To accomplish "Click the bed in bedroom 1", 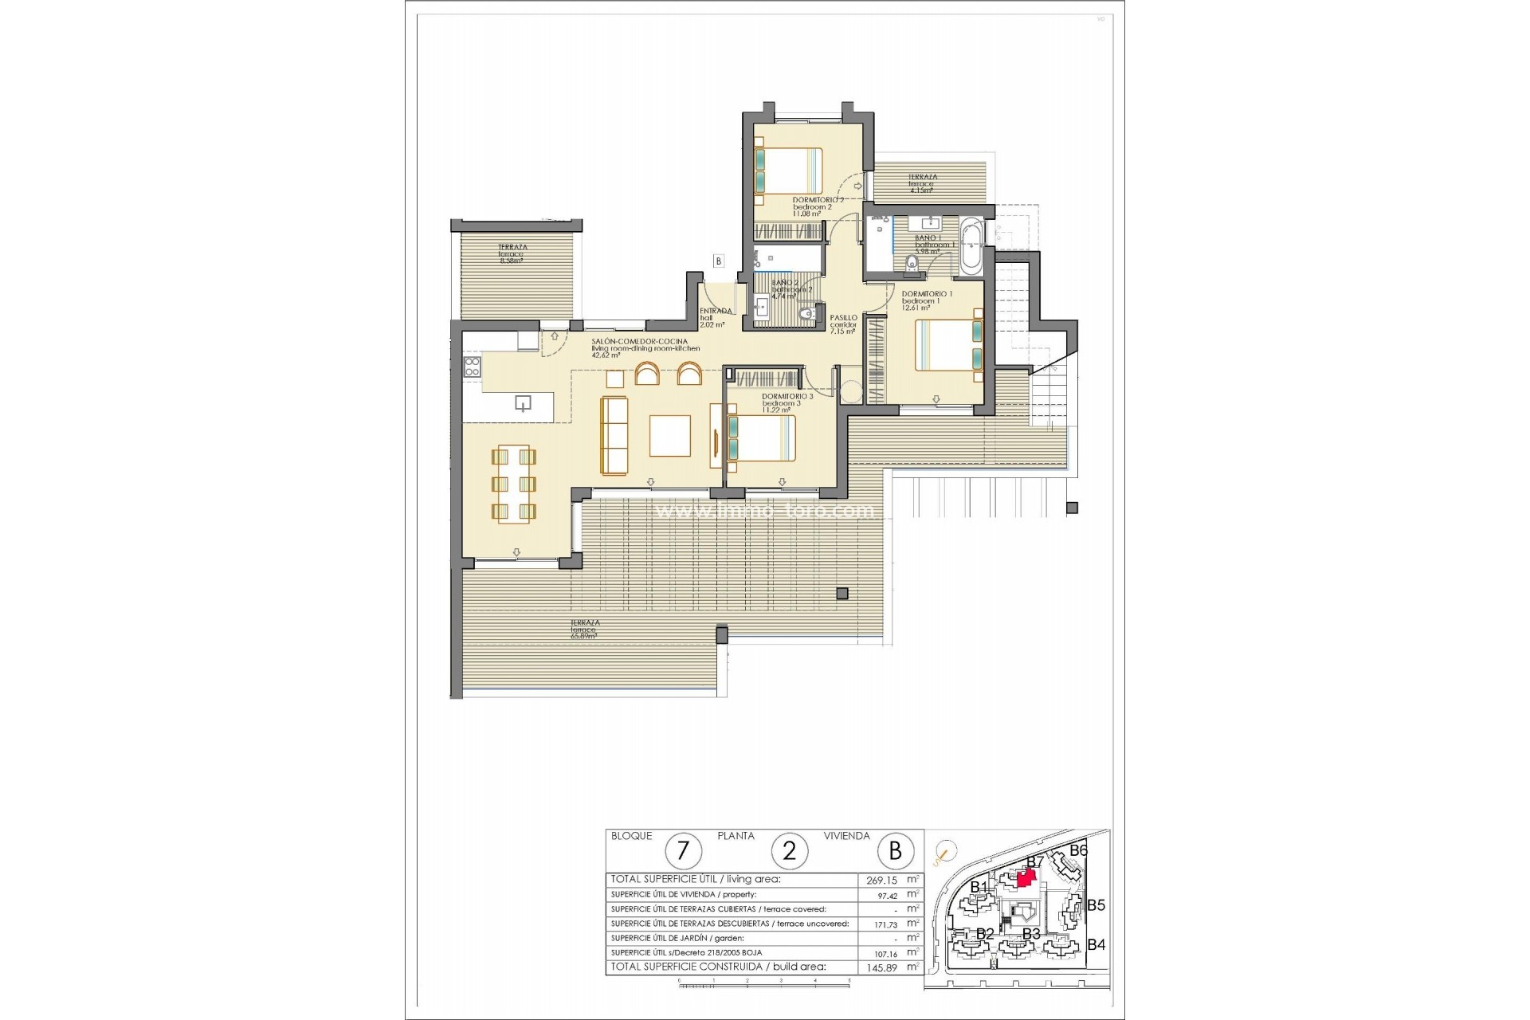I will pyautogui.click(x=948, y=344).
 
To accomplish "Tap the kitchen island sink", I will pyautogui.click(x=523, y=402).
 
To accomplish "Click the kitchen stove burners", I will pyautogui.click(x=472, y=367).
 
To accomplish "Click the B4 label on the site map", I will pyautogui.click(x=1096, y=945).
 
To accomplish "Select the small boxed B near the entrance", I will pyautogui.click(x=718, y=261).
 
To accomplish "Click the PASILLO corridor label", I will pyautogui.click(x=843, y=318).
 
